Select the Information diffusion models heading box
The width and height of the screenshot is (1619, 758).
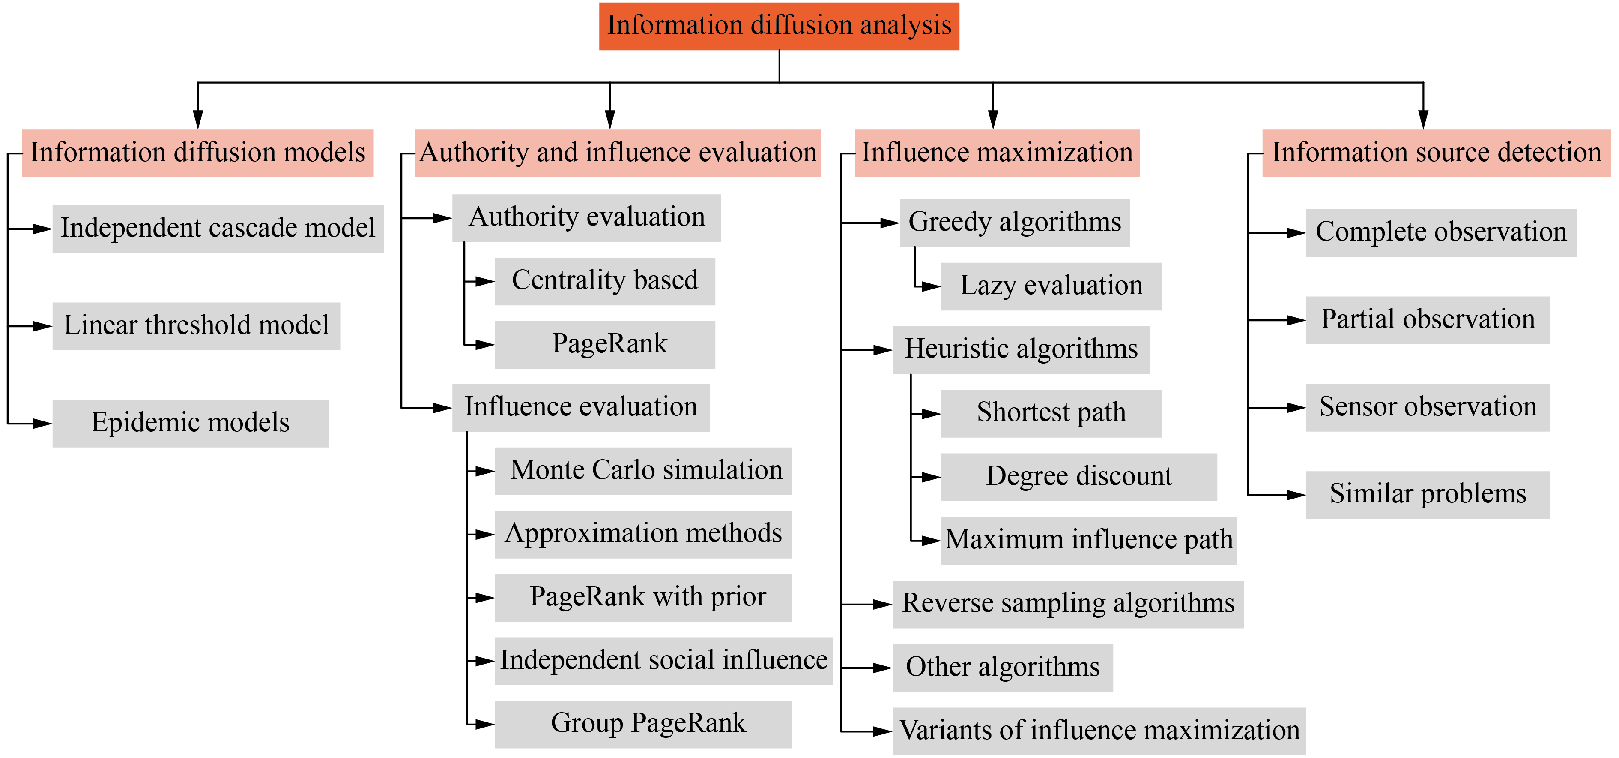click(x=197, y=153)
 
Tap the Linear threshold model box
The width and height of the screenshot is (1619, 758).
click(x=196, y=326)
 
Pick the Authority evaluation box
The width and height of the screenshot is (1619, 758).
click(x=586, y=218)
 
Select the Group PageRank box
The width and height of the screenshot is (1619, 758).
click(x=642, y=723)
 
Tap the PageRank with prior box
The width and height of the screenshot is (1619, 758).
click(x=642, y=597)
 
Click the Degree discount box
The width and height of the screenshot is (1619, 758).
click(x=1078, y=477)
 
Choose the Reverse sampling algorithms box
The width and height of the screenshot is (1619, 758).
click(x=1067, y=604)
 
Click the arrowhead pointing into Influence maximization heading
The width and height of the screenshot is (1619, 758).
click(x=992, y=120)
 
